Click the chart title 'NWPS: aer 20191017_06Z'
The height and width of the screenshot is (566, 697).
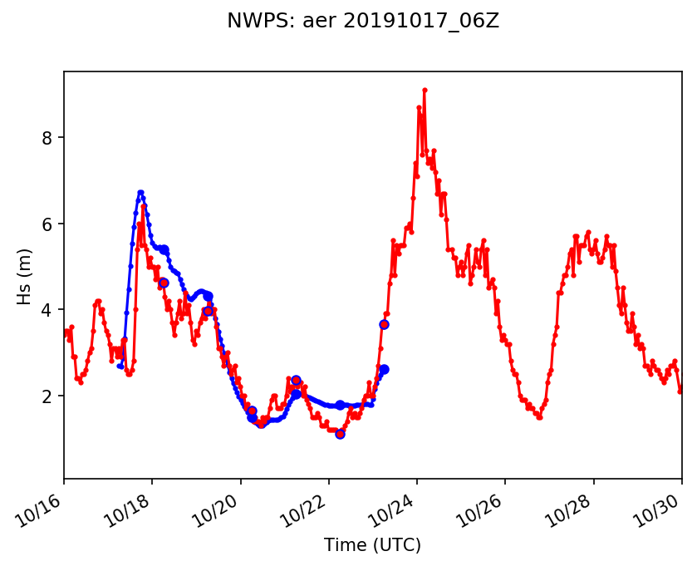[x=363, y=22]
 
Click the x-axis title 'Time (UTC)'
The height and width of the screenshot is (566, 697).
[x=373, y=545]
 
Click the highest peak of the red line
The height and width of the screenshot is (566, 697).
[x=425, y=90]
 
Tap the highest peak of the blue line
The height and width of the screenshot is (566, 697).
[x=140, y=192]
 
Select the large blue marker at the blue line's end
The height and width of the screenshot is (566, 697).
[x=384, y=369]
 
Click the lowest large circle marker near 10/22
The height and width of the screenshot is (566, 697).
[x=340, y=434]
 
